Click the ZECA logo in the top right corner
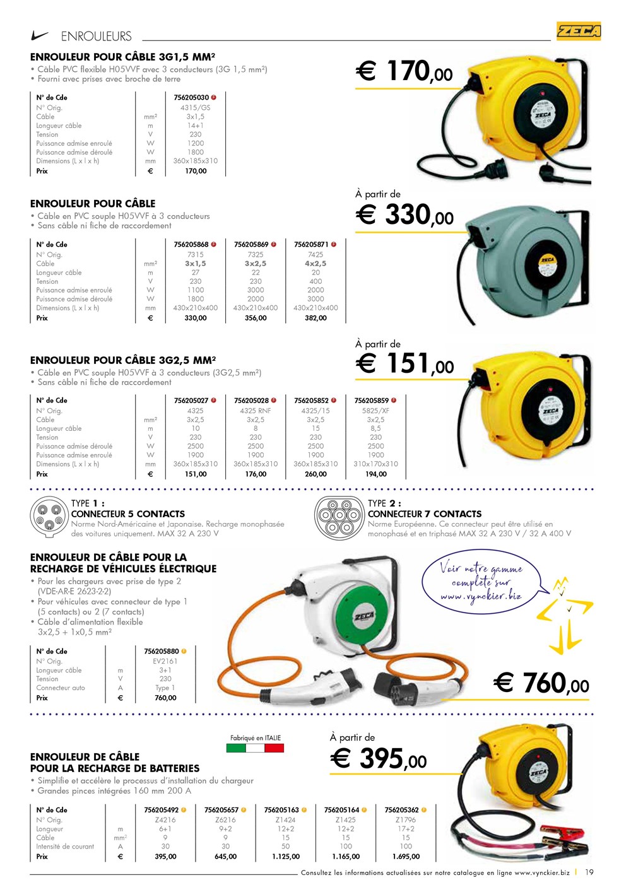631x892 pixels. click(579, 30)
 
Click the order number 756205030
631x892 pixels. click(191, 98)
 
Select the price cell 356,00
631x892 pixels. click(256, 318)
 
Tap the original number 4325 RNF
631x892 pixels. click(256, 411)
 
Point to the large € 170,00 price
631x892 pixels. click(404, 71)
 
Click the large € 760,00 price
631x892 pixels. click(541, 683)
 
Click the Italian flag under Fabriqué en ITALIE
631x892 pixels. click(255, 748)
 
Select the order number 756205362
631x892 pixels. click(402, 810)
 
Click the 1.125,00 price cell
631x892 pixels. click(286, 857)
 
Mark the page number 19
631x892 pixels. click(589, 872)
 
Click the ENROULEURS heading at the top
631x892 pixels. click(96, 37)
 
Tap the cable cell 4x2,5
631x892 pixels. click(315, 264)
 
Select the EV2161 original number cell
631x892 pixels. click(165, 661)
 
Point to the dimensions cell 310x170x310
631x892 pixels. click(376, 464)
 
